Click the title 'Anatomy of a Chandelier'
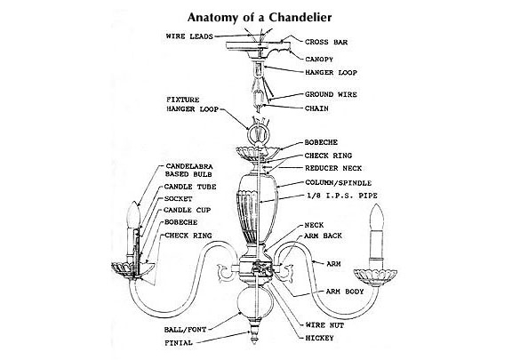pyautogui.click(x=260, y=17)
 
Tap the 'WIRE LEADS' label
pyautogui.click(x=189, y=36)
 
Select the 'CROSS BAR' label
pyautogui.click(x=326, y=42)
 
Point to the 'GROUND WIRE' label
pyautogui.click(x=331, y=94)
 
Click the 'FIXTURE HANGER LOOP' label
pyautogui.click(x=192, y=105)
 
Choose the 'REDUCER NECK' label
pyautogui.click(x=333, y=168)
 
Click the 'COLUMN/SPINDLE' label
pyautogui.click(x=339, y=182)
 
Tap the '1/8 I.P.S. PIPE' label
pyautogui.click(x=342, y=196)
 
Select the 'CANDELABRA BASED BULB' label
pyautogui.click(x=188, y=171)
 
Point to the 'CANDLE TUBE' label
pyautogui.click(x=190, y=187)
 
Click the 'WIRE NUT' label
pyautogui.click(x=324, y=325)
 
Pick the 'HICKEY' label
pyautogui.click(x=319, y=338)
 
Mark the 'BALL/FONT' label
pyautogui.click(x=185, y=330)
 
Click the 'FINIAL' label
pyautogui.click(x=179, y=343)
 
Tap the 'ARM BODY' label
pyautogui.click(x=345, y=292)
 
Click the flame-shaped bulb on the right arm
pyautogui.click(x=376, y=217)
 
